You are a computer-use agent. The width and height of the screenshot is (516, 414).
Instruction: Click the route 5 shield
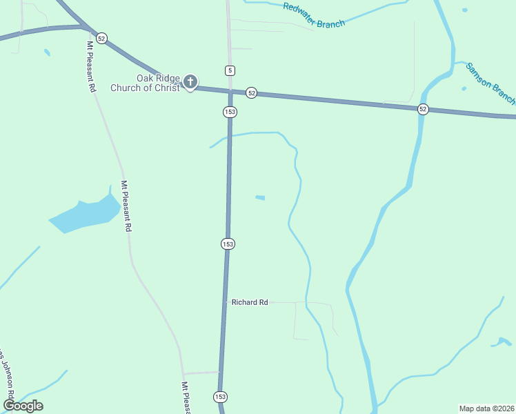(230, 70)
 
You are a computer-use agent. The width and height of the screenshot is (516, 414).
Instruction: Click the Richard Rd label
(250, 302)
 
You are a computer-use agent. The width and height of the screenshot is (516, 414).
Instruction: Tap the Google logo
(23, 405)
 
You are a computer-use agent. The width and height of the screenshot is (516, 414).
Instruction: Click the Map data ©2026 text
(486, 408)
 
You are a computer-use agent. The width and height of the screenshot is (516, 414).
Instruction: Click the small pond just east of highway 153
(260, 198)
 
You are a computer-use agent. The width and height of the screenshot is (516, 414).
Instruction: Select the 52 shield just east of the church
(251, 92)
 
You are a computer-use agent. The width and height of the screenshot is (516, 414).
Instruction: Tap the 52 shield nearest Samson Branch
(423, 109)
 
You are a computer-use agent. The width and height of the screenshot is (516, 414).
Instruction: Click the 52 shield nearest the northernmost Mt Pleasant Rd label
(102, 39)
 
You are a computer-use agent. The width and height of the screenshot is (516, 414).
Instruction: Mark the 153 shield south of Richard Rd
(220, 397)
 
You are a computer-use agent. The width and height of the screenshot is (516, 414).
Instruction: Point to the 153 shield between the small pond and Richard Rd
(228, 244)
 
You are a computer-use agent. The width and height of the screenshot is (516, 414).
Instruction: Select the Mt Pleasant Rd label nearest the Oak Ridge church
(90, 67)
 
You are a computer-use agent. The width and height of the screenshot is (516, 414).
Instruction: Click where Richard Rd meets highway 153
(225, 302)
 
